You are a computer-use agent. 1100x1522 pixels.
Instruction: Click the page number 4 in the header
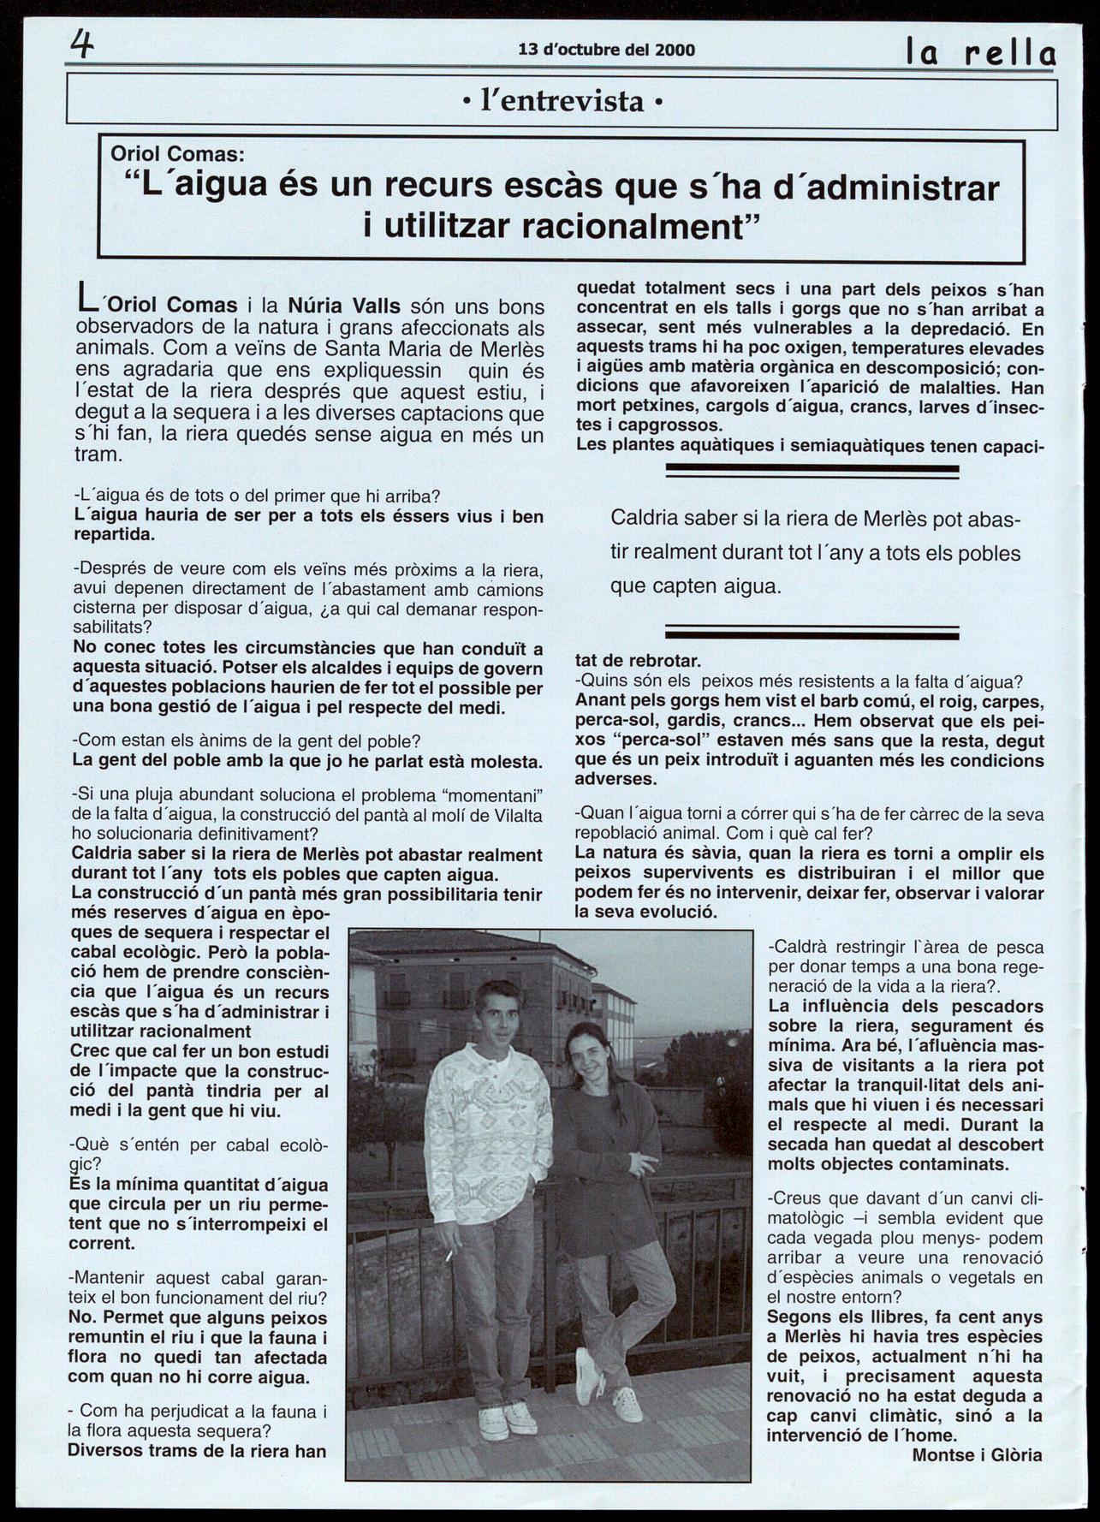82,43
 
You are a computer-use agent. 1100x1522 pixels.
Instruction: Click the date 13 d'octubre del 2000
606,50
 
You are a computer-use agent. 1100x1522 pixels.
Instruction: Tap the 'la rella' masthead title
981,54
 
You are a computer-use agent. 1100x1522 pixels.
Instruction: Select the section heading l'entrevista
562,102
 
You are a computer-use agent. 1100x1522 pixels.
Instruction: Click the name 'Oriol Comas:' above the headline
177,154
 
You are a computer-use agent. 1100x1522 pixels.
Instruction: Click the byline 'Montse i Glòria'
977,1454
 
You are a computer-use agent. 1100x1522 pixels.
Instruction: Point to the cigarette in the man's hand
449,1255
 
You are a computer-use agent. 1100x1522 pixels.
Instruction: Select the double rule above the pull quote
812,470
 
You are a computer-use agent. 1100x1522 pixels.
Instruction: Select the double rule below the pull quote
812,633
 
